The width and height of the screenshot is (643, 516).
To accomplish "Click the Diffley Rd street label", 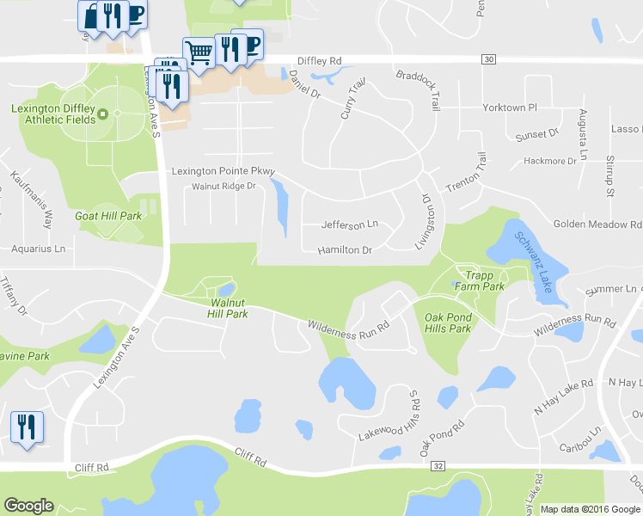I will (319, 61).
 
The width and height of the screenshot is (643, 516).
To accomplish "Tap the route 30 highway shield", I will (489, 59).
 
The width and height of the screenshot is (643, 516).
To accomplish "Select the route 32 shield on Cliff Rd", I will (438, 465).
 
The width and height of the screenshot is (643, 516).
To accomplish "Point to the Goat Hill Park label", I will (108, 216).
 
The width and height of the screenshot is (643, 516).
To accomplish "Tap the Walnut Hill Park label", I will (229, 309).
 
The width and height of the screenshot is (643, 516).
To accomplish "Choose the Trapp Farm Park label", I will (479, 280).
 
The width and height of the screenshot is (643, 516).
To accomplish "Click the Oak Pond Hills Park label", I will (447, 322).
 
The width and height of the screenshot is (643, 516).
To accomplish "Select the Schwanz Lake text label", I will (533, 263).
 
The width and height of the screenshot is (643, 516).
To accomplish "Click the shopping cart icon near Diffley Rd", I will (199, 52).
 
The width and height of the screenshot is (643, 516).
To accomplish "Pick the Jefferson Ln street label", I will (349, 224).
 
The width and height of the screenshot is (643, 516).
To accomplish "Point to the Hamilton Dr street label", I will (344, 250).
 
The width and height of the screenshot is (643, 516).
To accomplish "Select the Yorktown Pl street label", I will (508, 108).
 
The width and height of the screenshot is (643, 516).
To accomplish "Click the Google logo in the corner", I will (28, 506).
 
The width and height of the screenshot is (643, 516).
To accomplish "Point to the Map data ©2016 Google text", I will (590, 509).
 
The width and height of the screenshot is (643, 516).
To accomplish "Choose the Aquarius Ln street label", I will (38, 249).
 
